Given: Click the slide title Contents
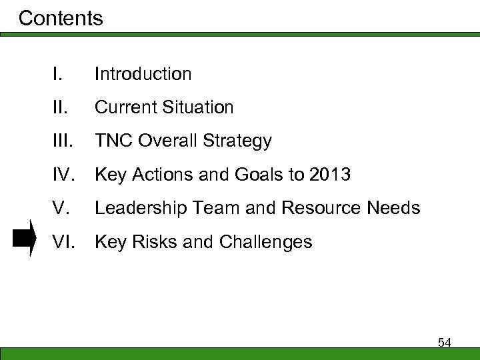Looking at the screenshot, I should tap(61, 18).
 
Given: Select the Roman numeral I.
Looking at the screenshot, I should tap(58, 74).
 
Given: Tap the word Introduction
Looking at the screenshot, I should tap(143, 74).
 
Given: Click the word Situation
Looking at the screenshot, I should tap(200, 107).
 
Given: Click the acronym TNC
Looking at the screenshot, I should tap(112, 141).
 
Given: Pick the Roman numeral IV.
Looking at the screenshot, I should tap(64, 175).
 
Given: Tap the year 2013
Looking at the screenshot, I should tap(329, 175).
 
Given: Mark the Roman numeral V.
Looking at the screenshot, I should tap(61, 209).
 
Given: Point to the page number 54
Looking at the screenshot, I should tap(445, 343).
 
